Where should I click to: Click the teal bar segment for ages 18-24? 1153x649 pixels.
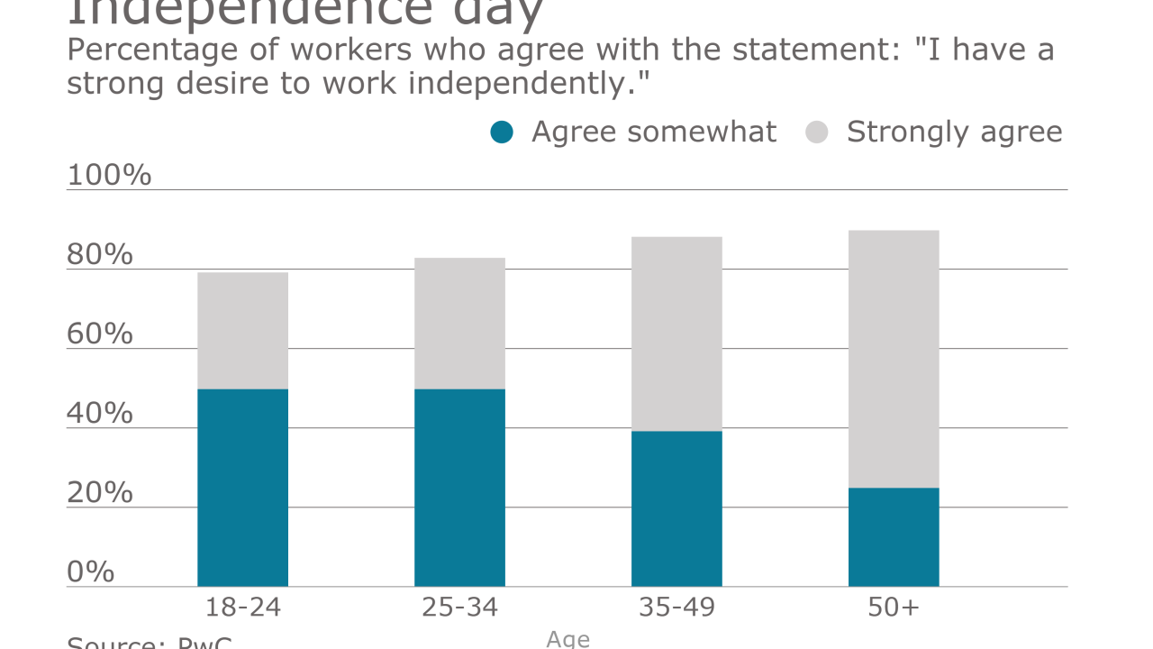point(242,488)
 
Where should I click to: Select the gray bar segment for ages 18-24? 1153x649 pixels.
point(242,331)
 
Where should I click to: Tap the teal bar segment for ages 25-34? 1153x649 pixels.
point(459,488)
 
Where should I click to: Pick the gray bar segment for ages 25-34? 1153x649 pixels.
point(459,324)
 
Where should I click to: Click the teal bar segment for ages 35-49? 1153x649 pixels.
point(676,508)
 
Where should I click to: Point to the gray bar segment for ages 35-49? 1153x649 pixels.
point(676,334)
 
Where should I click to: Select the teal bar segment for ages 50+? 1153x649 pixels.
point(894,537)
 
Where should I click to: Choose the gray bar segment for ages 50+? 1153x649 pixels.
point(894,359)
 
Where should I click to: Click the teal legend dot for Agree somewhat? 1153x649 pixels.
point(502,133)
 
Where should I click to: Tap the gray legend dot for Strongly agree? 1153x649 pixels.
point(817,133)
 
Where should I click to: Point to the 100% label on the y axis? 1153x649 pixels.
point(109,175)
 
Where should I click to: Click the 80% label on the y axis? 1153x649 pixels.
point(100,255)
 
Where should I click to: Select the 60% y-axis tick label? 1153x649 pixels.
point(100,334)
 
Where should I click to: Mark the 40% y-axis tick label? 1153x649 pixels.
point(100,414)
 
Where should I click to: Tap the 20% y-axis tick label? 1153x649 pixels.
point(100,493)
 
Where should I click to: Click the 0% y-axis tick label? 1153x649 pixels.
point(91,571)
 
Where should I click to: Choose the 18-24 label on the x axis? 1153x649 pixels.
point(242,608)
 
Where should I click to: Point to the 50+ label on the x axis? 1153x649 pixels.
point(894,608)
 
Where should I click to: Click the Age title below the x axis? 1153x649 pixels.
point(568,639)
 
